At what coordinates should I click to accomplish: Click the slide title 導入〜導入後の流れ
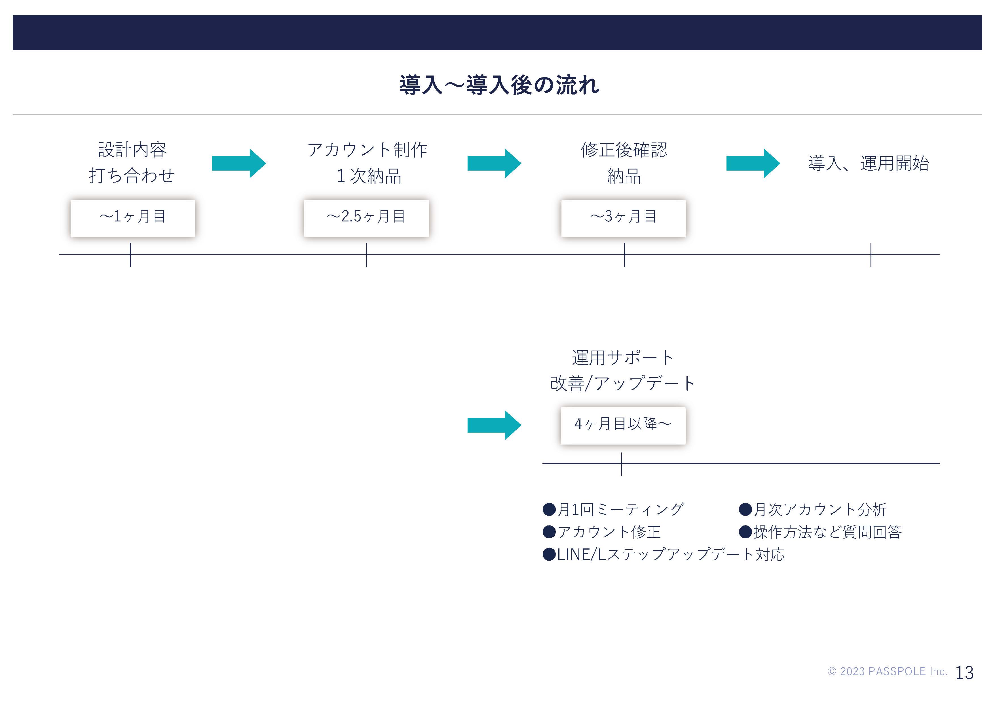[499, 85]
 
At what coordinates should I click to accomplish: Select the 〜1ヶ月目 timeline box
[133, 218]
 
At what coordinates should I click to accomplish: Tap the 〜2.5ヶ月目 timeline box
[366, 218]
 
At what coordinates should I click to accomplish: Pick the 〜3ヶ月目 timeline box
[623, 218]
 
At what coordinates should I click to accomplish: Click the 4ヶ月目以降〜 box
[623, 426]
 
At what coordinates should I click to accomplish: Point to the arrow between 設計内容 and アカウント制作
[239, 164]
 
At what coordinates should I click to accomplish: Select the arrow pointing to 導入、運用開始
[753, 164]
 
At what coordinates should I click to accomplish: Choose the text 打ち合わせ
[132, 176]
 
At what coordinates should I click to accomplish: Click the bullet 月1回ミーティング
[613, 509]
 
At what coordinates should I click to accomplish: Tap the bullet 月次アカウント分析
[813, 509]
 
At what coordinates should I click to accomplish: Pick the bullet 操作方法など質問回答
[820, 532]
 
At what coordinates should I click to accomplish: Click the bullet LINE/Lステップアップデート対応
[664, 554]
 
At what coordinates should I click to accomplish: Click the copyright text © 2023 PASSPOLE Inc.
[887, 671]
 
